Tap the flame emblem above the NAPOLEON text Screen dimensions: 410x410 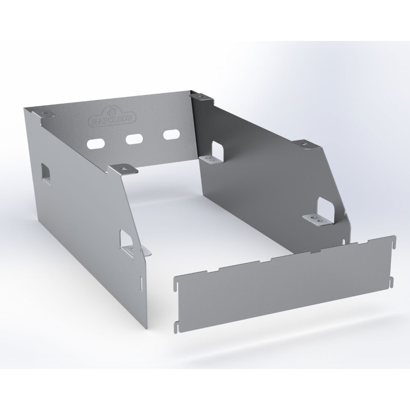pos(111,112)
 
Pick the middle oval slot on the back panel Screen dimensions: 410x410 pos(134,139)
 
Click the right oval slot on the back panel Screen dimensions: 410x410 pos(172,134)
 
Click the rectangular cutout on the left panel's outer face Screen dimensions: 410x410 pos(46,173)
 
